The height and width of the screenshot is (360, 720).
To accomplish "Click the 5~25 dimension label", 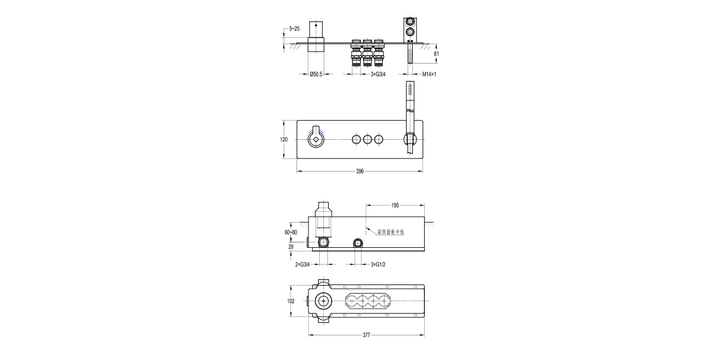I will pyautogui.click(x=295, y=28).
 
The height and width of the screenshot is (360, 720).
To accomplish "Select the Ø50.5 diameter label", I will pyautogui.click(x=316, y=74).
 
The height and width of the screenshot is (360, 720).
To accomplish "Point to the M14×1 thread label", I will pyautogui.click(x=428, y=74).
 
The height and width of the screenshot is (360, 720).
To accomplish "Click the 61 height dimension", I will pyautogui.click(x=436, y=54).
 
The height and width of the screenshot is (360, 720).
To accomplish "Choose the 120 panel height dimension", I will pyautogui.click(x=284, y=139).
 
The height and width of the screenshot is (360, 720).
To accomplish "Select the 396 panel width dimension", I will pyautogui.click(x=360, y=172).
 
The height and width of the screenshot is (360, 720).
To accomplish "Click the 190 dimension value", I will pyautogui.click(x=395, y=205).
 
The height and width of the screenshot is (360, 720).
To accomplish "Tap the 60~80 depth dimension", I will pyautogui.click(x=290, y=232).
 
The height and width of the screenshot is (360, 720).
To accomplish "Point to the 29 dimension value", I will pyautogui.click(x=291, y=246).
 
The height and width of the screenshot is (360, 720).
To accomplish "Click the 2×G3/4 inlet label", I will pyautogui.click(x=303, y=264).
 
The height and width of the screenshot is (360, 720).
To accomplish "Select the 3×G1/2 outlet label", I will pyautogui.click(x=377, y=264).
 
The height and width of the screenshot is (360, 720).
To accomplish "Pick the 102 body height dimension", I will pyautogui.click(x=291, y=302).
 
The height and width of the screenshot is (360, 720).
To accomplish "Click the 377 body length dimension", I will pyautogui.click(x=366, y=336).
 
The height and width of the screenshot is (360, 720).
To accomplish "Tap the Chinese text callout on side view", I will pyautogui.click(x=390, y=232).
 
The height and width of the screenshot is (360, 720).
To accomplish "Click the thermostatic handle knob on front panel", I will pyautogui.click(x=315, y=140).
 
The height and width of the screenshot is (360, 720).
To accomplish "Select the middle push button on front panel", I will pyautogui.click(x=367, y=140).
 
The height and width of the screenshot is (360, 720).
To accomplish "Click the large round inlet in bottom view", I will pyautogui.click(x=324, y=302).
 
